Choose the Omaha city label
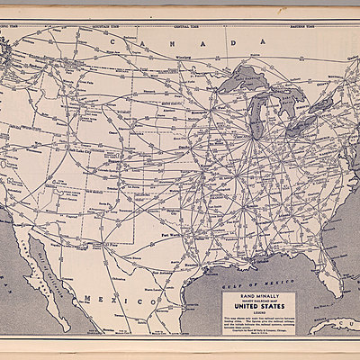coord(184,139)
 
